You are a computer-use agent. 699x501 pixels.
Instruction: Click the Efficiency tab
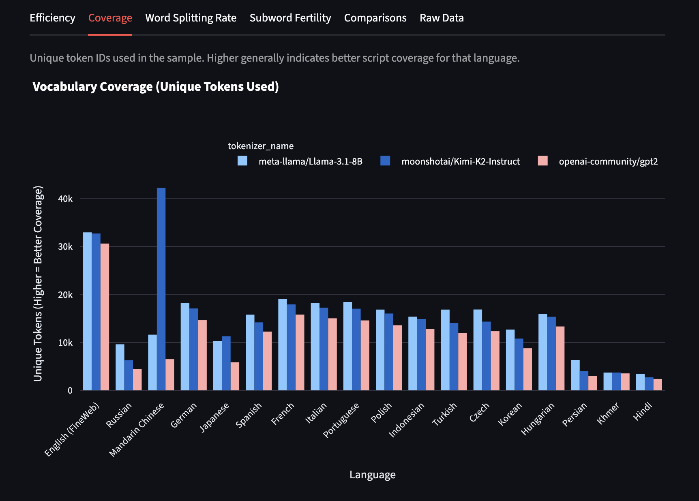(52, 18)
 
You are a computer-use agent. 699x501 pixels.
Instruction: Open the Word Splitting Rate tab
(191, 18)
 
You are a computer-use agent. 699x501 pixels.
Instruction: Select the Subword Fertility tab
(290, 18)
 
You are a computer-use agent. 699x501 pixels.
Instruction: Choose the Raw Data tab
(442, 18)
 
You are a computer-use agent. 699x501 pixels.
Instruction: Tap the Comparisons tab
(375, 18)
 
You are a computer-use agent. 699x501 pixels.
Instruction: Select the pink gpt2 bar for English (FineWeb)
(105, 317)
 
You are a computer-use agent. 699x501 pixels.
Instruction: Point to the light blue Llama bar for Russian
(120, 367)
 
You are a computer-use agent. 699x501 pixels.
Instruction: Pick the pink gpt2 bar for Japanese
(235, 376)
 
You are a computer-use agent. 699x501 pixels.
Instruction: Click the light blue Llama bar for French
(283, 345)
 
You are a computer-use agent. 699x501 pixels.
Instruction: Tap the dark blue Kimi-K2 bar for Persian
(584, 381)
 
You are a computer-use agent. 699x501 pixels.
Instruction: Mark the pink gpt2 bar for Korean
(527, 369)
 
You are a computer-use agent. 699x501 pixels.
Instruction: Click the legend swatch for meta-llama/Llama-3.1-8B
(242, 161)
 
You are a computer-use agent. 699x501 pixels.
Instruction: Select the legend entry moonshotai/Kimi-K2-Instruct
(460, 161)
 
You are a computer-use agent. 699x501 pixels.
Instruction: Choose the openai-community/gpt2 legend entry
(608, 161)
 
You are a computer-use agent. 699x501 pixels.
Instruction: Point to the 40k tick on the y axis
(65, 199)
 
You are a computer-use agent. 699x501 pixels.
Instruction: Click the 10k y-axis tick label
(65, 343)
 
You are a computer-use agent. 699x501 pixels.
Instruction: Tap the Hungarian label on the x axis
(538, 418)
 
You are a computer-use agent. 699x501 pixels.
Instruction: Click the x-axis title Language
(372, 475)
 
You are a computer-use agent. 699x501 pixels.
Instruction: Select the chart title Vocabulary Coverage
(156, 87)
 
